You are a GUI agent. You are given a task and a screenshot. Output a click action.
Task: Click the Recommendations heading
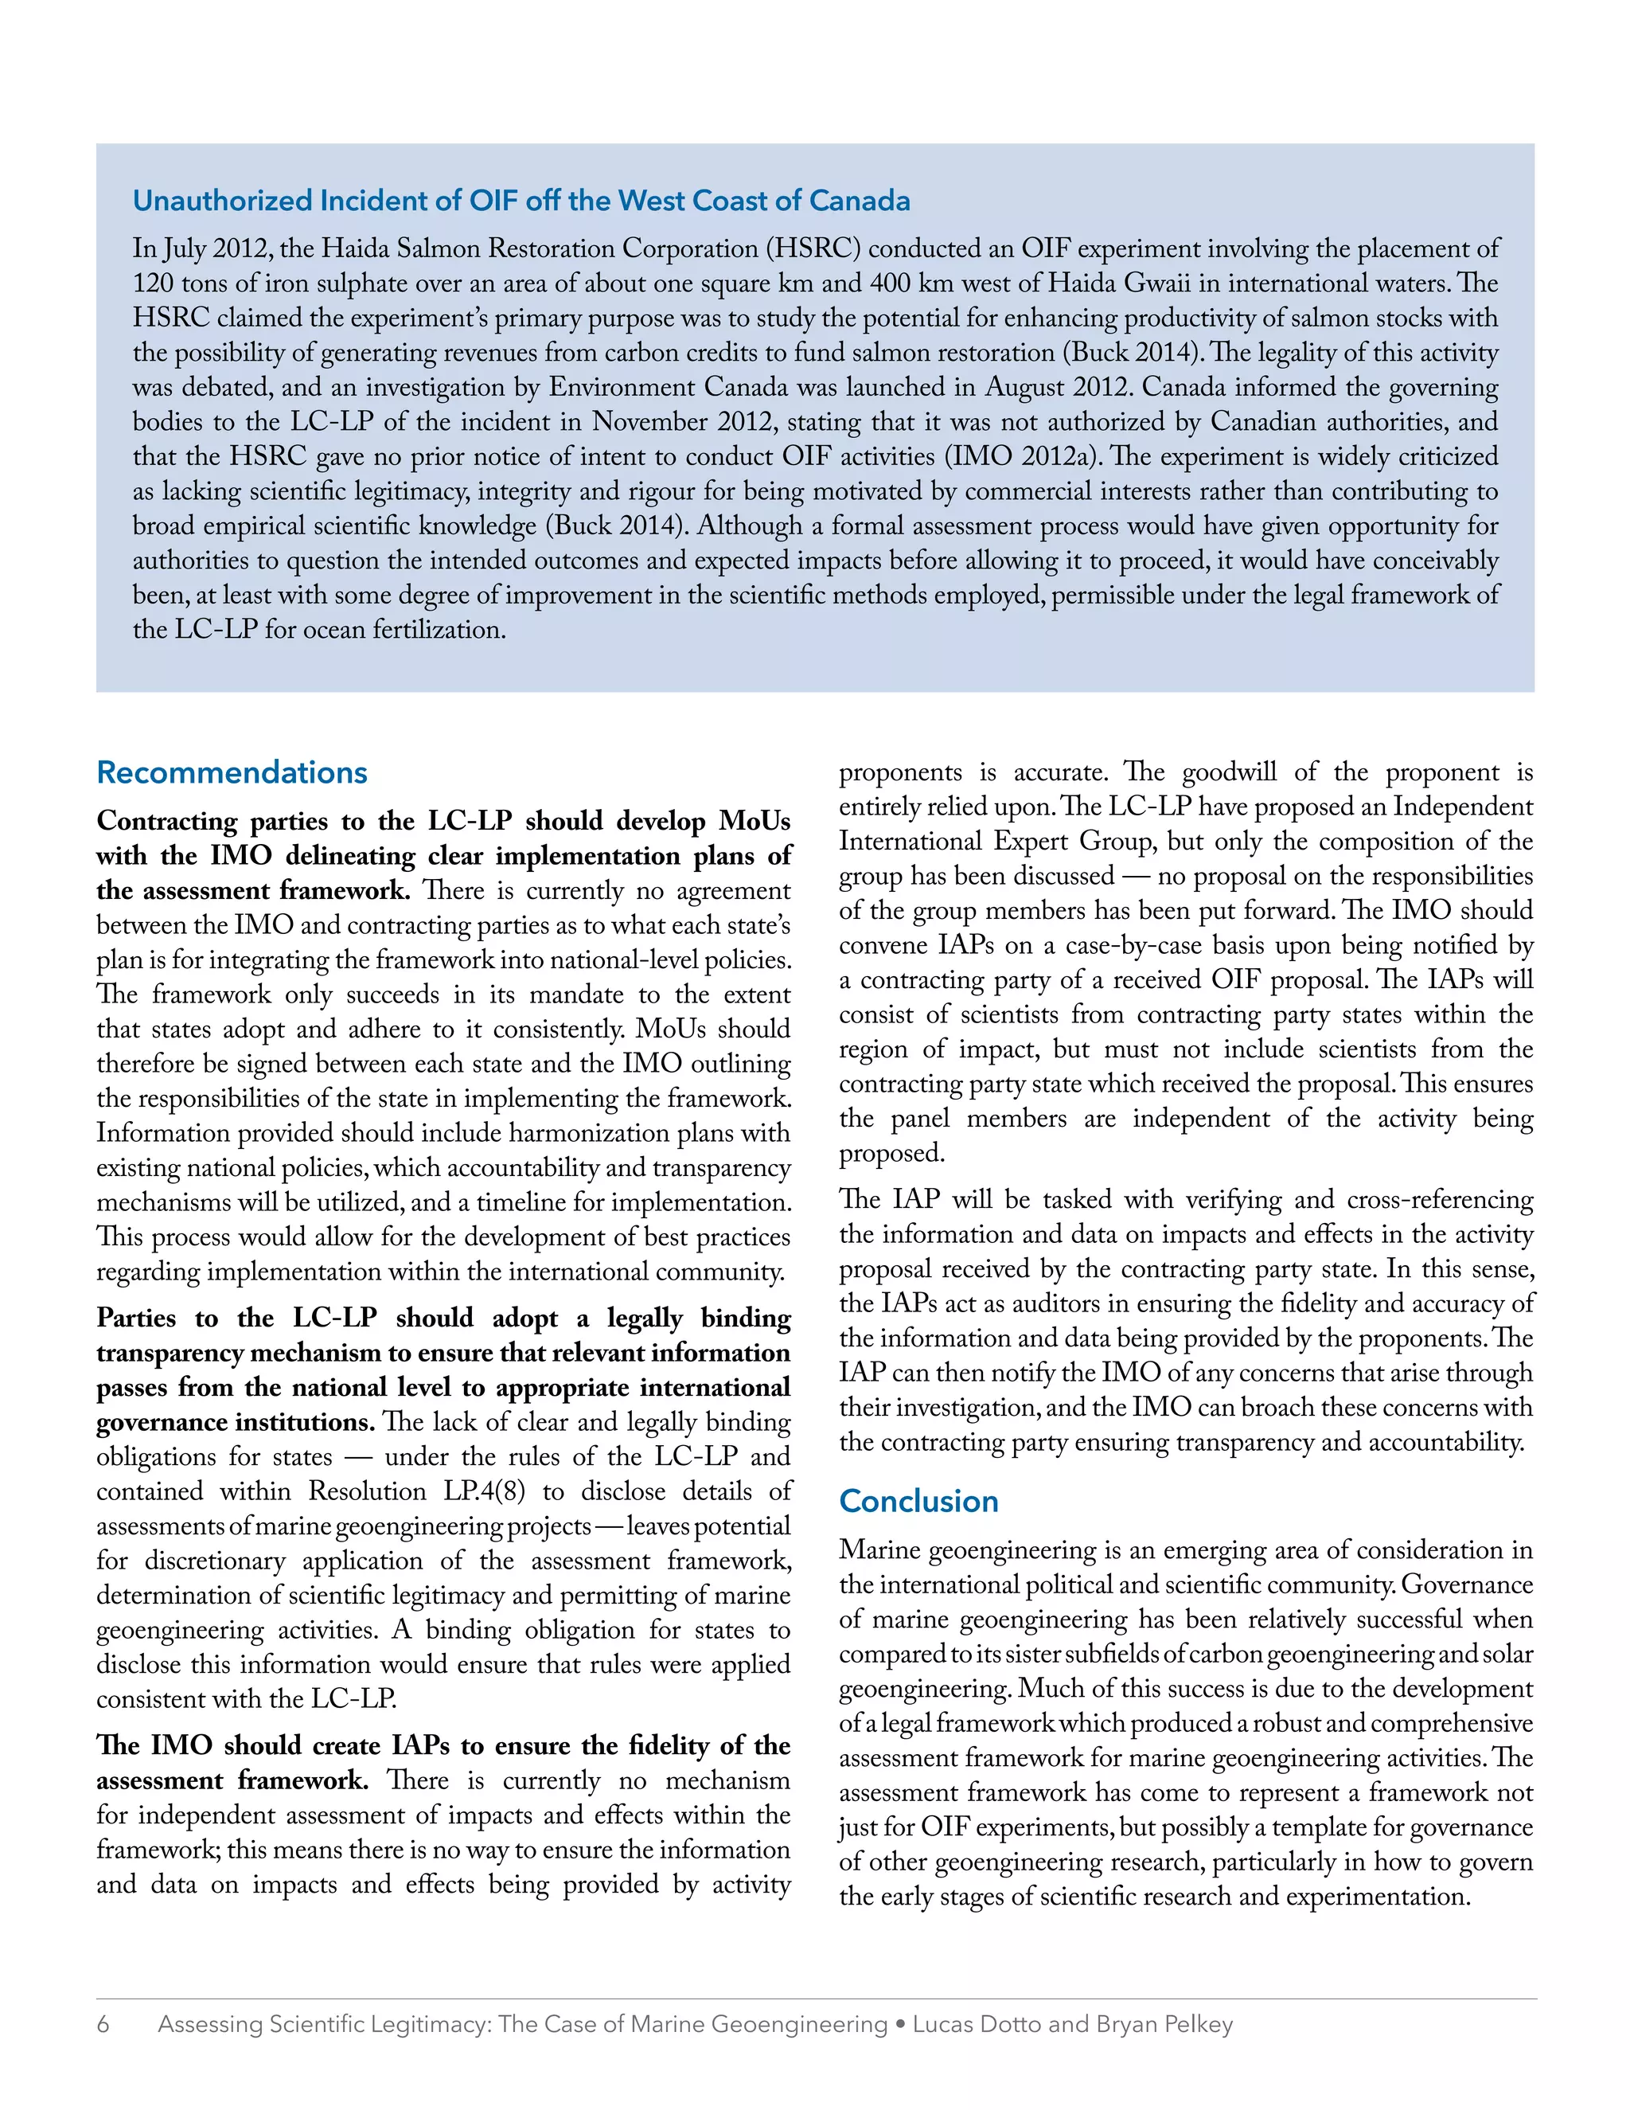click(x=232, y=773)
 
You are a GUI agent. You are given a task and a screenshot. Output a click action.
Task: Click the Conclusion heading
click(x=918, y=1502)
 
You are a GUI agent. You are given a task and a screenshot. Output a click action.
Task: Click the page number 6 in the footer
click(x=103, y=2025)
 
